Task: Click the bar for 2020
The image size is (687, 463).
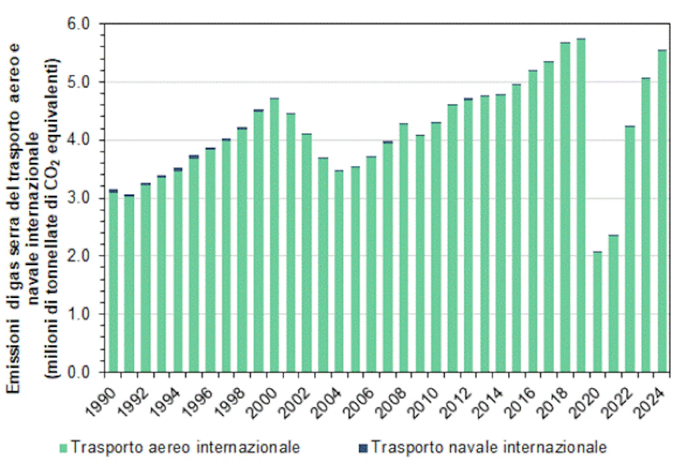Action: click(x=597, y=311)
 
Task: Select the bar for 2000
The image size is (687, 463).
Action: click(x=274, y=235)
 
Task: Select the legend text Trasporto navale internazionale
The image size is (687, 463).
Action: click(x=488, y=447)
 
